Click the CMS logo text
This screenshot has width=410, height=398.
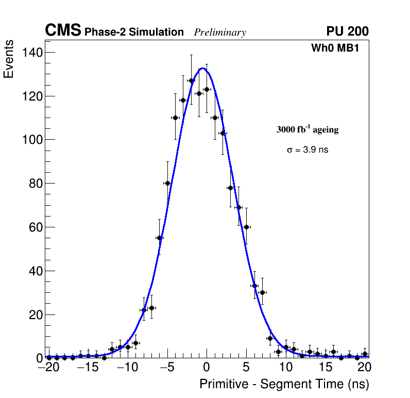[x=63, y=31]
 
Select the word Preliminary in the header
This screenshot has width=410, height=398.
[x=220, y=32]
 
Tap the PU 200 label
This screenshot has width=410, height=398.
[x=347, y=31]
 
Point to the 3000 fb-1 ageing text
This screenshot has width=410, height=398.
[x=307, y=129]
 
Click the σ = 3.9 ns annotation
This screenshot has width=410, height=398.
[x=307, y=150]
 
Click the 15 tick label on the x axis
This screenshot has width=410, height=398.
[x=325, y=367]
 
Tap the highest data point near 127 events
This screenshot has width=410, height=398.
[x=191, y=80]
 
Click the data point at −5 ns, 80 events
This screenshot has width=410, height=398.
[x=167, y=183]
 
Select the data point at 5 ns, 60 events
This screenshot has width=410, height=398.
[x=246, y=227]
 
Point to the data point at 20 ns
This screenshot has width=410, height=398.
[x=365, y=354]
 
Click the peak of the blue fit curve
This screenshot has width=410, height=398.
[x=203, y=69]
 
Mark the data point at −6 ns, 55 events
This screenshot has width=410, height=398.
[x=159, y=238]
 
